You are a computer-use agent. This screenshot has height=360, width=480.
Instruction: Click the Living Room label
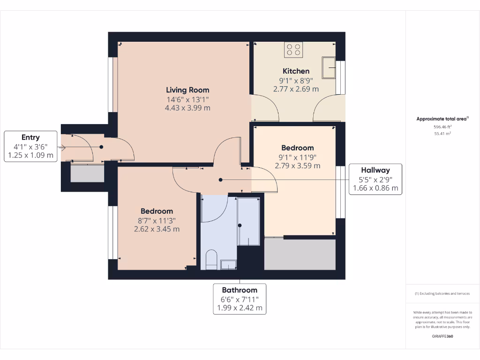click(x=187, y=90)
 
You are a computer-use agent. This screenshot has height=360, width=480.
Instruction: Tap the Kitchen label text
click(x=296, y=71)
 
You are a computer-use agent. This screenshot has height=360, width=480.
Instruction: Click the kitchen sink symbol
click(x=329, y=67)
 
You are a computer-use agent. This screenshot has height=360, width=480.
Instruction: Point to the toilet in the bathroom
click(x=211, y=260)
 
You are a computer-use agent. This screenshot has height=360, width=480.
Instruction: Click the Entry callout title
click(x=30, y=137)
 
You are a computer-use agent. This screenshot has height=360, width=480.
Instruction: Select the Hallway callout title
click(x=375, y=170)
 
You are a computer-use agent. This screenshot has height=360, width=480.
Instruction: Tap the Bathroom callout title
click(x=240, y=290)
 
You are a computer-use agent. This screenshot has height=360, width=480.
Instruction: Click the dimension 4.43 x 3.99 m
click(x=187, y=108)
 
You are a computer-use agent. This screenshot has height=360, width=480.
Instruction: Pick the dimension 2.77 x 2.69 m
click(x=296, y=89)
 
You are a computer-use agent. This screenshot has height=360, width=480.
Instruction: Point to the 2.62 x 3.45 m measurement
click(x=157, y=229)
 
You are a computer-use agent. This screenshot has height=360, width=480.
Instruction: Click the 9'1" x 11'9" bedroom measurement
click(x=298, y=157)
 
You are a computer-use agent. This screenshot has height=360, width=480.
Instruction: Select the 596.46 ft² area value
click(x=442, y=127)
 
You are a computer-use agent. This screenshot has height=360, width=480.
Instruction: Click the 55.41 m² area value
click(x=442, y=134)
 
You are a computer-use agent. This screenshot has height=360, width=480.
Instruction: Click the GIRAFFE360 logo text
click(x=442, y=336)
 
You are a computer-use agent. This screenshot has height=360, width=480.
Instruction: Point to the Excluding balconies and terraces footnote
click(x=442, y=293)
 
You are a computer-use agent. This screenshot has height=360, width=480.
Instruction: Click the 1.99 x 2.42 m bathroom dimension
click(x=240, y=308)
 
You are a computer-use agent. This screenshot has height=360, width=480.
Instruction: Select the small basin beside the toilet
click(x=228, y=265)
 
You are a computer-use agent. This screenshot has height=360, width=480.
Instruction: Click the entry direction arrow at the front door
click(x=63, y=147)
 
